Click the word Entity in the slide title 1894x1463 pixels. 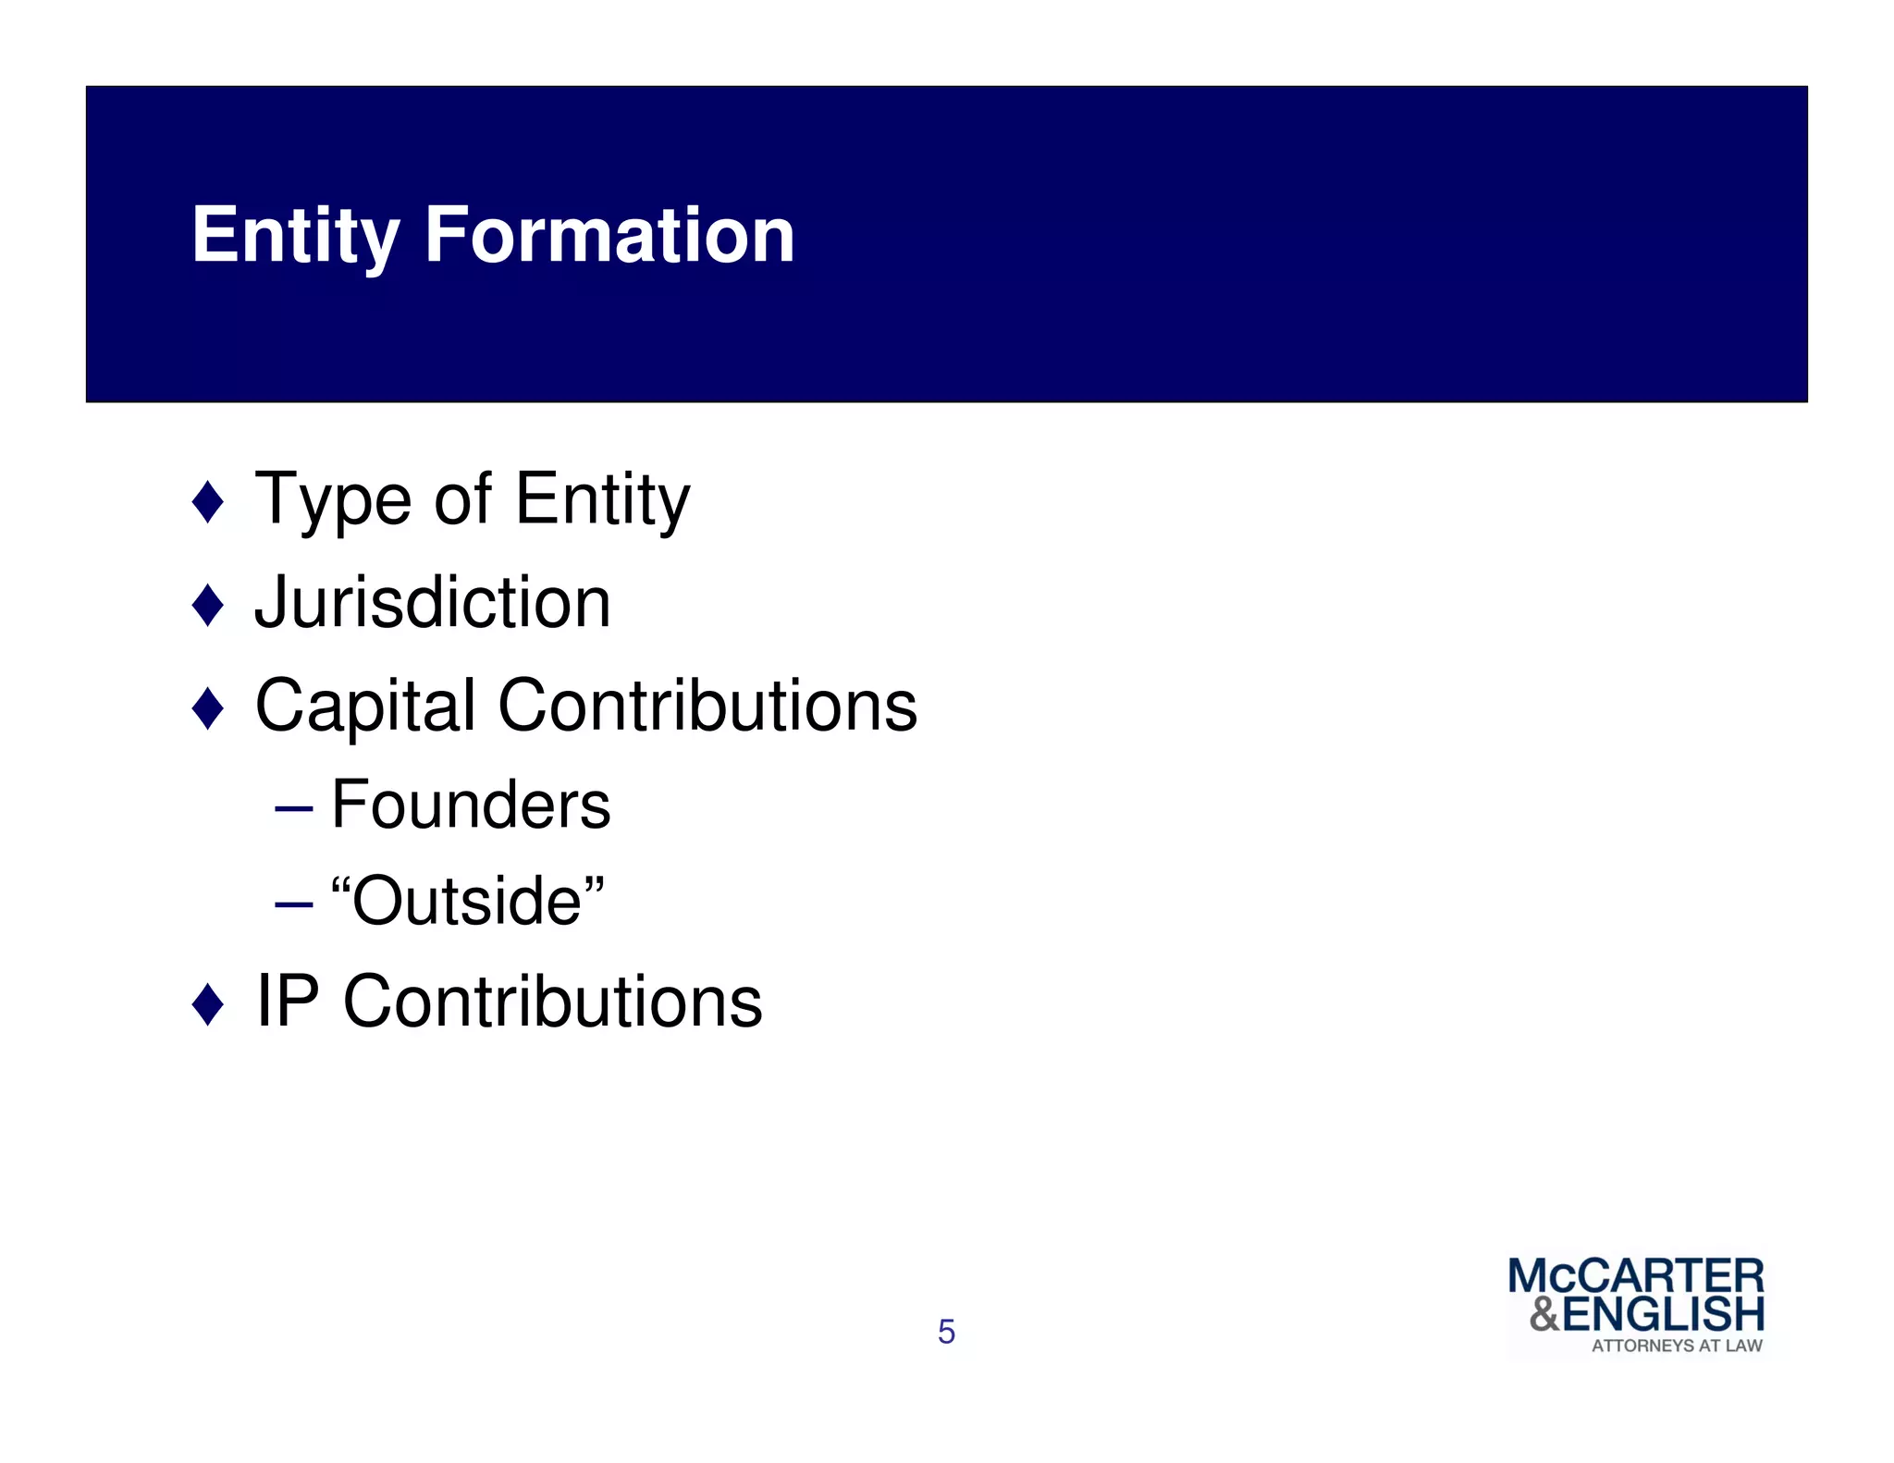(x=295, y=237)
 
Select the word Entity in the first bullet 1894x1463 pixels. (x=602, y=501)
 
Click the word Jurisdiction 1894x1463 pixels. (x=433, y=603)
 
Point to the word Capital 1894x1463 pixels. (x=365, y=707)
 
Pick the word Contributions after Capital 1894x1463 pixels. (x=707, y=706)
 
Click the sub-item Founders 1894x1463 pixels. (x=471, y=805)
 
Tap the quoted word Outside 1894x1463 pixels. (x=468, y=901)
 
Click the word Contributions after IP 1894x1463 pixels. (x=552, y=1002)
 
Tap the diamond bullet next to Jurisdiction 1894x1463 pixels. (x=208, y=606)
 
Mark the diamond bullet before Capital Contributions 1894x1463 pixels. (x=208, y=709)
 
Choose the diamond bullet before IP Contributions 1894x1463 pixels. (x=208, y=1004)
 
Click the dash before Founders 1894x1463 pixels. (x=294, y=807)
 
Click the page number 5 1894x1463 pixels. (x=946, y=1332)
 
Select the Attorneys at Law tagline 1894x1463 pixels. (x=1677, y=1346)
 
